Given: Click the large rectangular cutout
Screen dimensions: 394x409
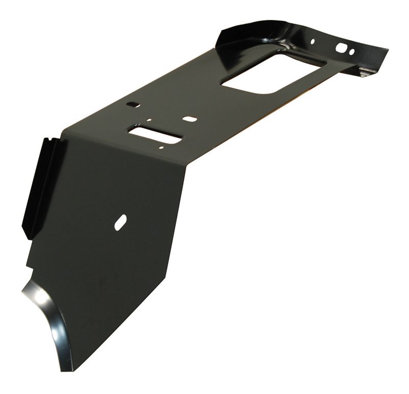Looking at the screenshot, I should pos(271,72).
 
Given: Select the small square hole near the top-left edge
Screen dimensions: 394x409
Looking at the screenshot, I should pos(133,104).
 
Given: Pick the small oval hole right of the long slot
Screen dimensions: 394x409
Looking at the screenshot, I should pos(190,119).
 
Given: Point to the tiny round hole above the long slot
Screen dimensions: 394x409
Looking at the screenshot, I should pos(149,121).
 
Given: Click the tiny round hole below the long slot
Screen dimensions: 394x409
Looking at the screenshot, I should pos(161,148).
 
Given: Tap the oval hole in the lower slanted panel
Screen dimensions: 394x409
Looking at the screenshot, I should pos(121,221).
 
